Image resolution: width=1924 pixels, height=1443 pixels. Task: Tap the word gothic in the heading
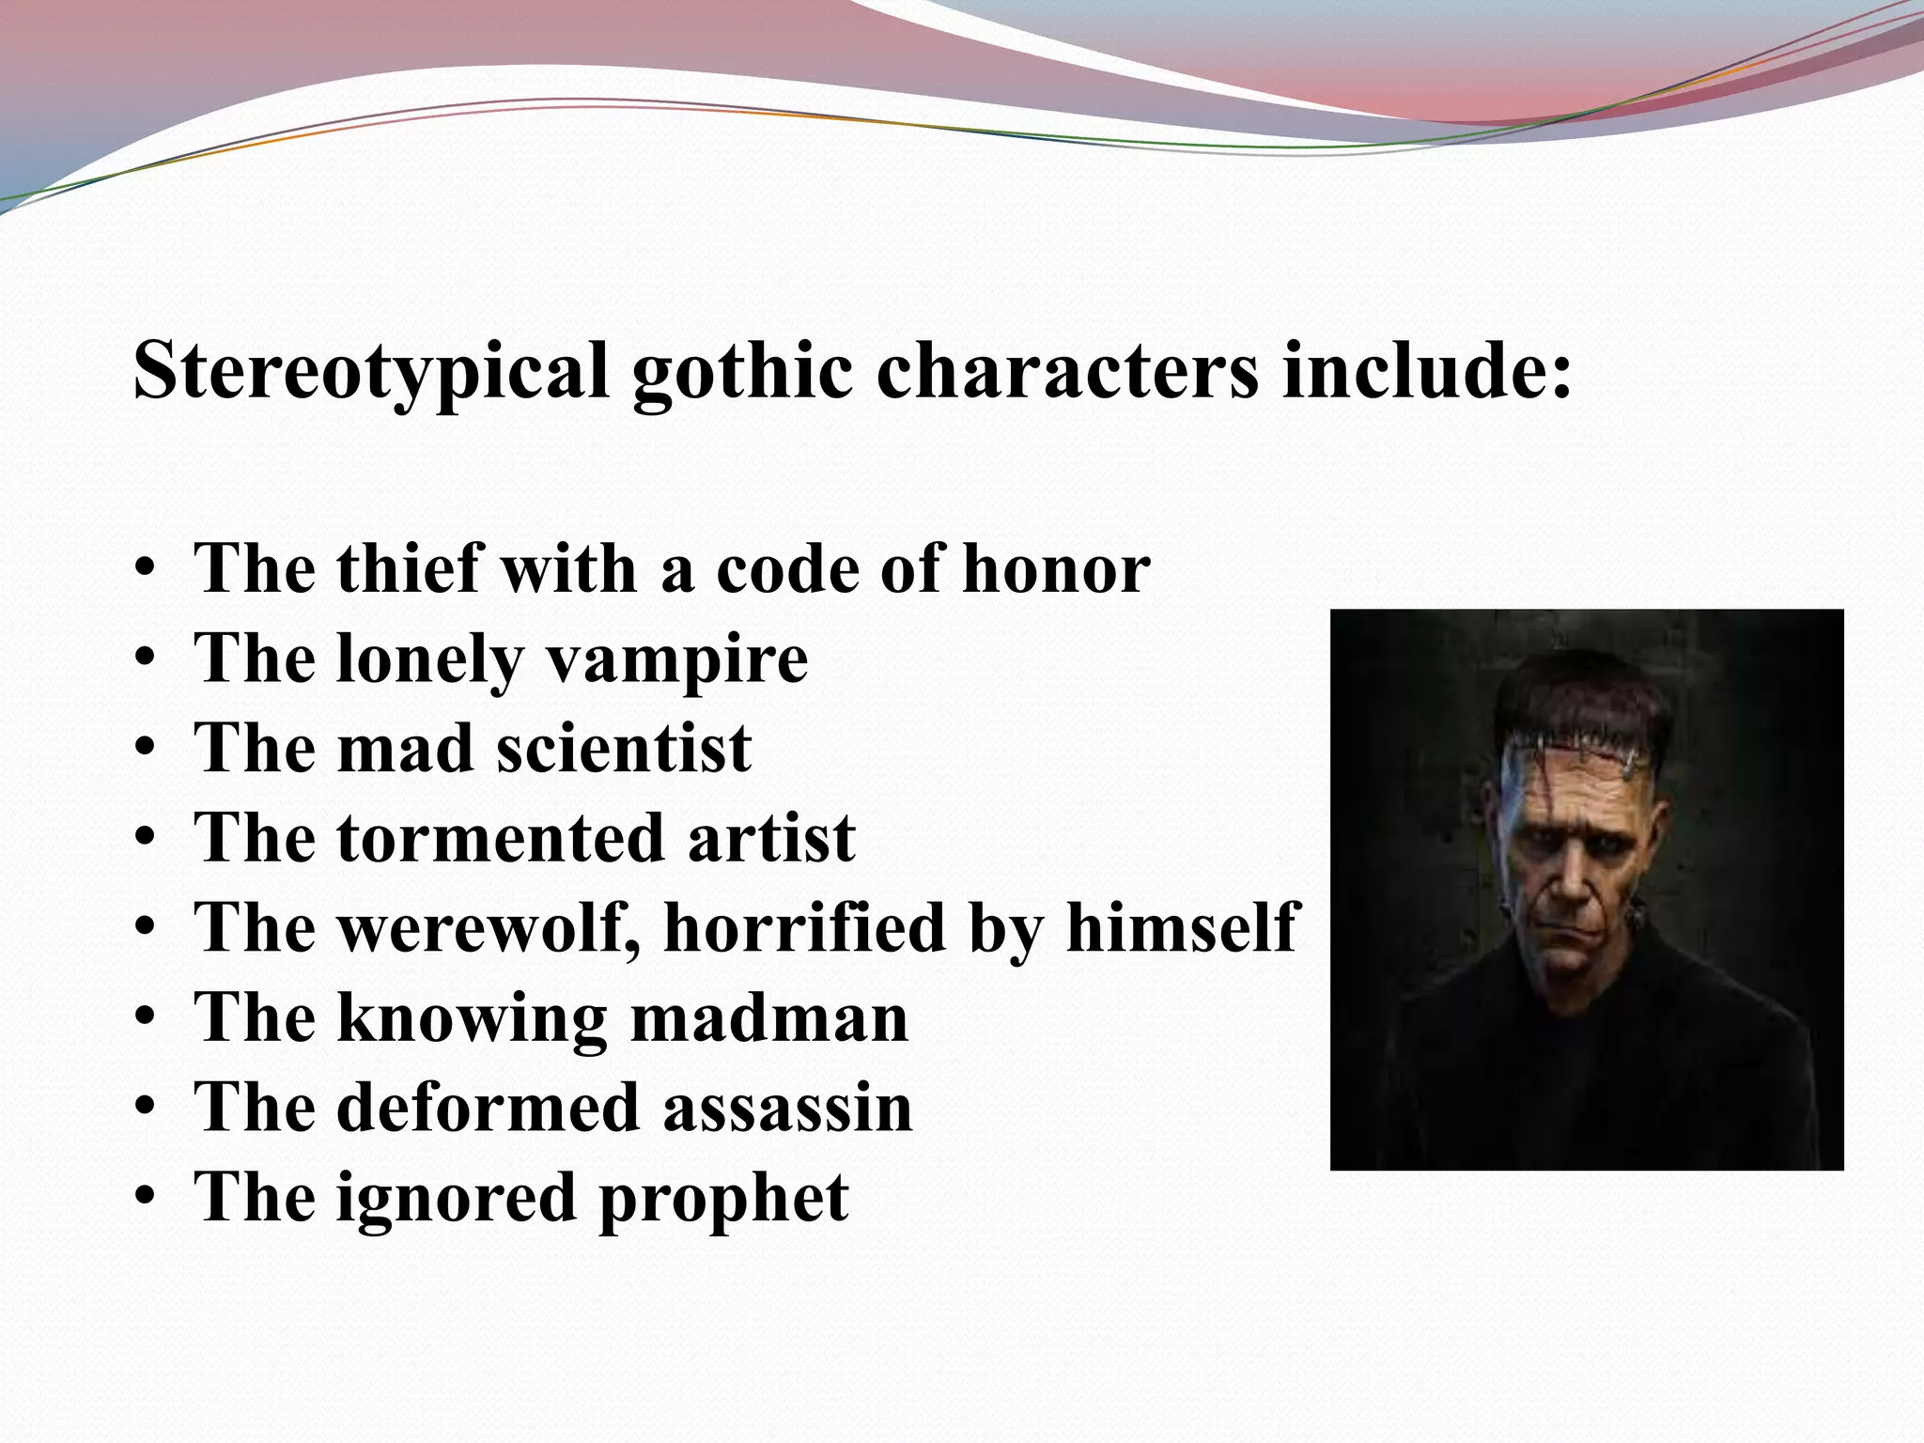(742, 373)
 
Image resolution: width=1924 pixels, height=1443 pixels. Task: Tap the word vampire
(676, 660)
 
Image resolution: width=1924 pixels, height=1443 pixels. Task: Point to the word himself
(1182, 927)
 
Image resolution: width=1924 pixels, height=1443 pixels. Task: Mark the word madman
(768, 1017)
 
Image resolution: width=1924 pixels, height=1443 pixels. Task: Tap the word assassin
(787, 1108)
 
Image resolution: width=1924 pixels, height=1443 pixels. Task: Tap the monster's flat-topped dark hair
(1588, 700)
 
